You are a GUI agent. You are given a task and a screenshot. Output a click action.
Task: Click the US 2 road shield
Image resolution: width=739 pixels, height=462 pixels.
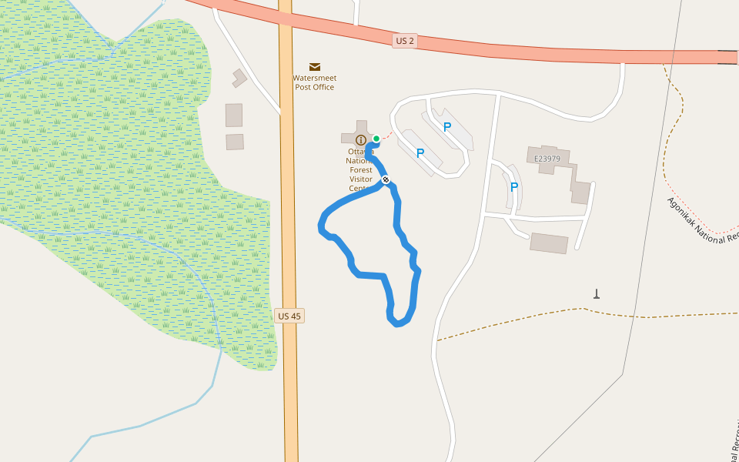pos(405,41)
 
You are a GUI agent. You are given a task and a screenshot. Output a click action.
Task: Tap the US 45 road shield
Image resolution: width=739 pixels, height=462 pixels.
pos(289,316)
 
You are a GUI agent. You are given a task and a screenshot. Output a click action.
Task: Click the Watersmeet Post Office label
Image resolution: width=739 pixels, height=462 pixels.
pos(314,82)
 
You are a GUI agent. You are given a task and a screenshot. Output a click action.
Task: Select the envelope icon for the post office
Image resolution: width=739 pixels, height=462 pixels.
pos(314,67)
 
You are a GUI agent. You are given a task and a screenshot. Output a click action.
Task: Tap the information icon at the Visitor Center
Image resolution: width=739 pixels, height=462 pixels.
pos(360,139)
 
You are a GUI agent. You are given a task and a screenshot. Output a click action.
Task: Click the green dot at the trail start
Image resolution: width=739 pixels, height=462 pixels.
pos(376,139)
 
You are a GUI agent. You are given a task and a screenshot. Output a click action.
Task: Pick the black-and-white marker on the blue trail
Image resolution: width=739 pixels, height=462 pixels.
pos(386,179)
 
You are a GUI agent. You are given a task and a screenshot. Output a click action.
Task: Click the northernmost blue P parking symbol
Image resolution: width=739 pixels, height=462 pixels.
pos(446,127)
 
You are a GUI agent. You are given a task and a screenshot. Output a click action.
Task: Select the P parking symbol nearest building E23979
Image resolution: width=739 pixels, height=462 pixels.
pos(514,186)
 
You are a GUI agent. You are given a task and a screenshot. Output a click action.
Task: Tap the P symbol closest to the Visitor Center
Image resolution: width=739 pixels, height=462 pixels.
pos(420,153)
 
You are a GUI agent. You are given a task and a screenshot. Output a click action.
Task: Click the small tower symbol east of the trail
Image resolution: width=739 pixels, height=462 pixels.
pos(596,293)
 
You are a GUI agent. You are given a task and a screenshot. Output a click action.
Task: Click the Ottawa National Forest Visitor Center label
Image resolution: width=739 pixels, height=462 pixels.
pos(360,170)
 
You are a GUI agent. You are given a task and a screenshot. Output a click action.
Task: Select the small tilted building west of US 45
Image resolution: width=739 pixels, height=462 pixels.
pos(239,78)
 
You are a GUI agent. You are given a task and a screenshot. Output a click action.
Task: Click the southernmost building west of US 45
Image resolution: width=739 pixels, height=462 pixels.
pos(235,142)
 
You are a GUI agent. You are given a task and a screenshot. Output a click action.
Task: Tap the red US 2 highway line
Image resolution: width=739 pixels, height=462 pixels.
pos(539,52)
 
